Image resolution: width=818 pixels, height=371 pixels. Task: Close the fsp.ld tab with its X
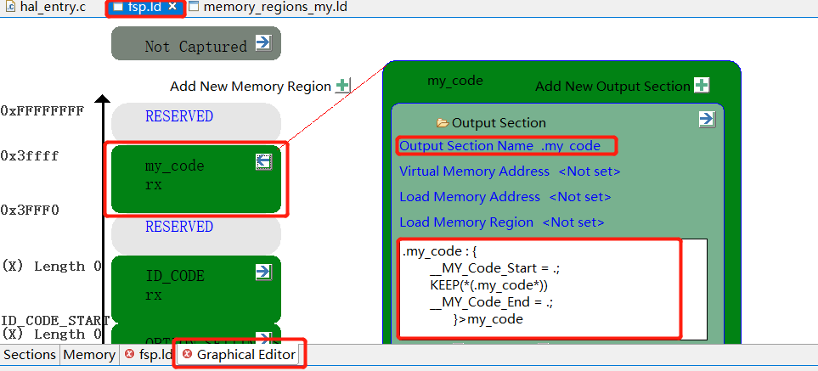pos(172,7)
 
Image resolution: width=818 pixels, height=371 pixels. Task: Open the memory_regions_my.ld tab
pos(268,7)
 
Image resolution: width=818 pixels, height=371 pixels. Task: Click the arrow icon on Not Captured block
pos(263,42)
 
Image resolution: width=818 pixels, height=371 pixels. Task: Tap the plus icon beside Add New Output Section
pos(702,86)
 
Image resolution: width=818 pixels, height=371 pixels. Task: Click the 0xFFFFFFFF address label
pos(42,110)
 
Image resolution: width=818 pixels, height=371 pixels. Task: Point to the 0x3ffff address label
pos(30,156)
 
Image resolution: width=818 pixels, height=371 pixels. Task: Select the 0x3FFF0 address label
pos(30,210)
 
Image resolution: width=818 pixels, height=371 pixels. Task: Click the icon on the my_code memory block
pos(263,161)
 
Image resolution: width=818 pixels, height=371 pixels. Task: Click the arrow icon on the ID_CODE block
pos(263,272)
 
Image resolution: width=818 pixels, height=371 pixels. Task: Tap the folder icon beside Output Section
pos(443,123)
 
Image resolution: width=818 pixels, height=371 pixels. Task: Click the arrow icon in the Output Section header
pos(707,119)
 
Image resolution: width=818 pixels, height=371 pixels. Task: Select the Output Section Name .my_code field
pos(500,146)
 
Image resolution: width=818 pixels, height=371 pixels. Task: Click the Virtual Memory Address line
pos(509,171)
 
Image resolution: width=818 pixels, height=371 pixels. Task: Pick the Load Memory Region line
pos(501,222)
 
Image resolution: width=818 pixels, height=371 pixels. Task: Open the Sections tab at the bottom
pos(30,355)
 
